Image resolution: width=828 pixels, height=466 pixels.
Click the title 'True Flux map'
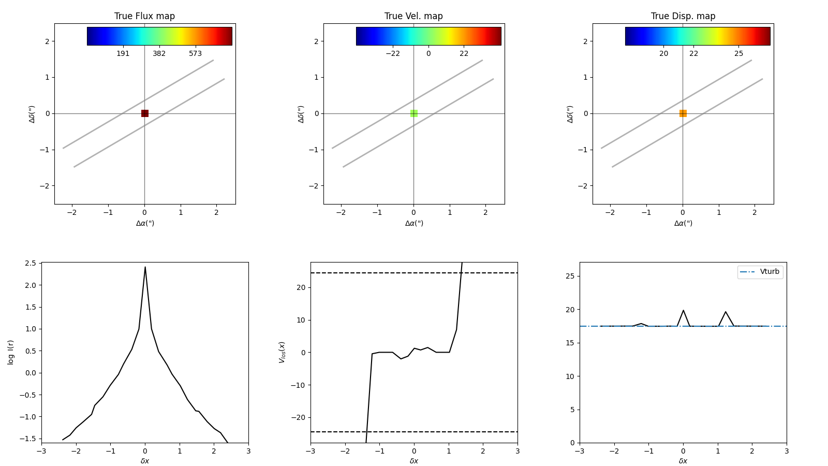pyautogui.click(x=144, y=16)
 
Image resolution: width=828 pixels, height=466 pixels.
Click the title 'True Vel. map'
pyautogui.click(x=413, y=16)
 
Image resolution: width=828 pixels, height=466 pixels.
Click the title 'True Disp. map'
pyautogui.click(x=683, y=16)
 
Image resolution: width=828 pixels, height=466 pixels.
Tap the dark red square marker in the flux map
pyautogui.click(x=145, y=113)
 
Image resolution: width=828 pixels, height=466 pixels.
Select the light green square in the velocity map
pyautogui.click(x=414, y=113)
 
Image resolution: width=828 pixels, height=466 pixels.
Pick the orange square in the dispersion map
pyautogui.click(x=683, y=113)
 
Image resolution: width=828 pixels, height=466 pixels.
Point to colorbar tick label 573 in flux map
pyautogui.click(x=195, y=54)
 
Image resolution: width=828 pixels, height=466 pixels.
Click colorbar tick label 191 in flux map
pyautogui.click(x=123, y=54)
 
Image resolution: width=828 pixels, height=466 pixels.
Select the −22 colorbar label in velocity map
pyautogui.click(x=392, y=54)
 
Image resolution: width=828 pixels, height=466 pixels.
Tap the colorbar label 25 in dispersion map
pyautogui.click(x=738, y=54)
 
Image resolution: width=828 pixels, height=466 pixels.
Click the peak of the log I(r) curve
pyautogui.click(x=145, y=267)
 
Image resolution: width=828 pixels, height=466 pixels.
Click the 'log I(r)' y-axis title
pyautogui.click(x=11, y=352)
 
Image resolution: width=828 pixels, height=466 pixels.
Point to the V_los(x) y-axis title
pyautogui.click(x=282, y=352)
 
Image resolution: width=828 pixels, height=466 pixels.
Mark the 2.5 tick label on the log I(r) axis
pyautogui.click(x=30, y=263)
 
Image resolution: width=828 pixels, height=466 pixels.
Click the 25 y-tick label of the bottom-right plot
pyautogui.click(x=570, y=276)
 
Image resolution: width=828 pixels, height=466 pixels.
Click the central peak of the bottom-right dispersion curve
pyautogui.click(x=683, y=310)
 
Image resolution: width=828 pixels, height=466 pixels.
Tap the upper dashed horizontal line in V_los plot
pyautogui.click(x=362, y=273)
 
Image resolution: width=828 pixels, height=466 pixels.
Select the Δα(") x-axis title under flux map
pyautogui.click(x=145, y=223)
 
